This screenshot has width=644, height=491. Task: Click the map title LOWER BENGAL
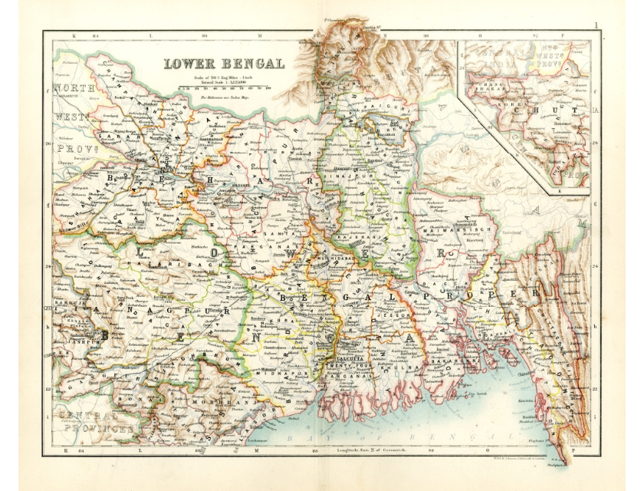pyautogui.click(x=223, y=64)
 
